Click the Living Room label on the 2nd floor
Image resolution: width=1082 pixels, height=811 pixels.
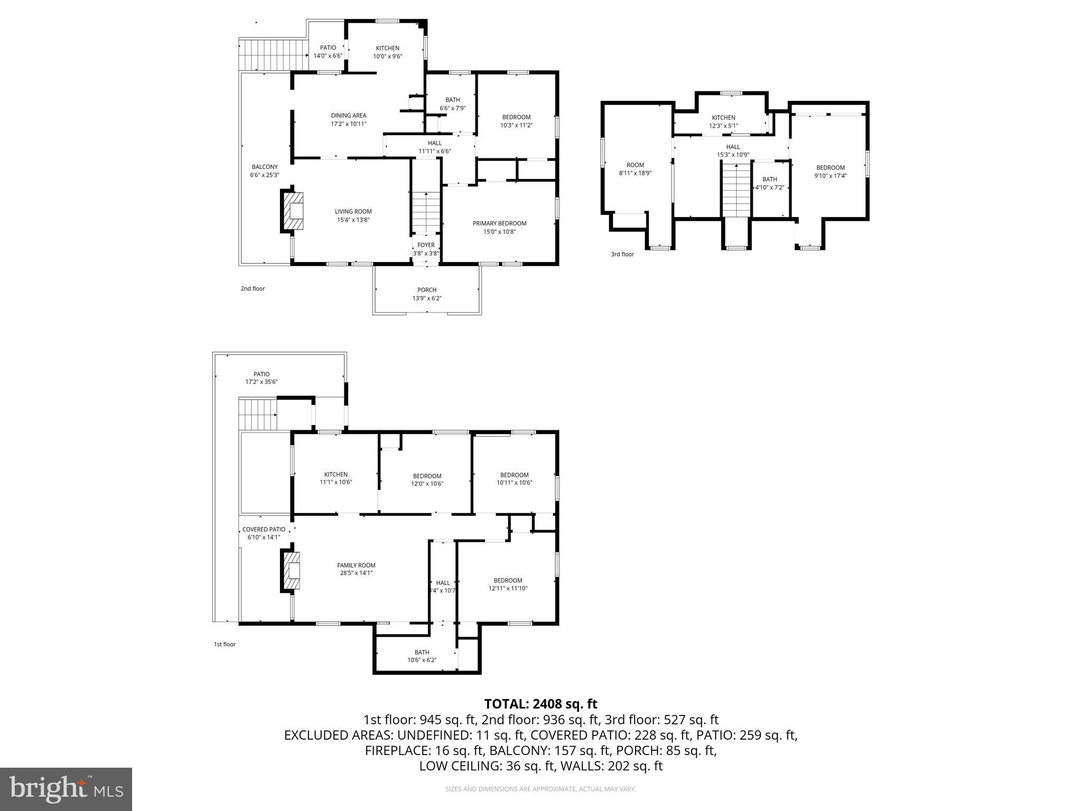(x=353, y=212)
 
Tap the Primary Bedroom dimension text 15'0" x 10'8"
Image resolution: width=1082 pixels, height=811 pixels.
(x=499, y=232)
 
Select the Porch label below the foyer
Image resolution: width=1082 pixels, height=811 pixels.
(x=427, y=290)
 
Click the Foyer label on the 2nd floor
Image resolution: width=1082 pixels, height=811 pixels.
(x=426, y=245)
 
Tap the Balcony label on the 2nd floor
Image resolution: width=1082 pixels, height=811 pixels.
(x=264, y=167)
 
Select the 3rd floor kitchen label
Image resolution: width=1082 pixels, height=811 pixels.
(x=723, y=118)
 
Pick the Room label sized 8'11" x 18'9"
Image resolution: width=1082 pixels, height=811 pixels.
(x=635, y=165)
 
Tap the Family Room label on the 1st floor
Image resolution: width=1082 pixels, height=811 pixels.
(x=356, y=565)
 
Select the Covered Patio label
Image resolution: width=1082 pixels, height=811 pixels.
(x=264, y=530)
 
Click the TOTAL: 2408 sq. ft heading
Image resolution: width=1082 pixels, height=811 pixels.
(x=540, y=704)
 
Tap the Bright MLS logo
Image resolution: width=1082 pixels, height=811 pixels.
(x=66, y=789)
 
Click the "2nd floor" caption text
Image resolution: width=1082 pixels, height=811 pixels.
(x=253, y=289)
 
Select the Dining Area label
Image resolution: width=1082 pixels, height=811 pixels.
(x=348, y=116)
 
